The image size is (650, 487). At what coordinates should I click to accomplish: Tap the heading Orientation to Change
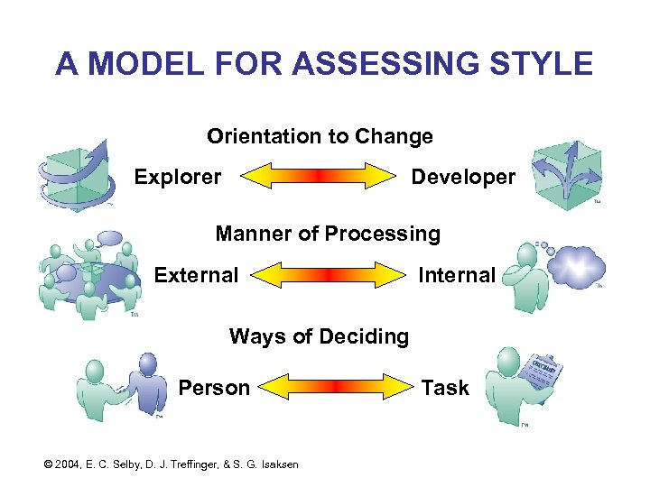pos(320,136)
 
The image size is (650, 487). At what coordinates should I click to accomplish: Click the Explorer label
pos(177,177)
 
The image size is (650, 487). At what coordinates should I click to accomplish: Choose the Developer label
pos(463,177)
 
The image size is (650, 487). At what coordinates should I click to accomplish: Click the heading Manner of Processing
pos(328,234)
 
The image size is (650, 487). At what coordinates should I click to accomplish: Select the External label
pos(196,275)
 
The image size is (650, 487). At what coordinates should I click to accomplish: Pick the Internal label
pos(457,275)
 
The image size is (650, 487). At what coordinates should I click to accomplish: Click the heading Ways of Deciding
pos(319,336)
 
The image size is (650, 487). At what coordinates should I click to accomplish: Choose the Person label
pos(213,388)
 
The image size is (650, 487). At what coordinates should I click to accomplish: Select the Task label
pos(445,388)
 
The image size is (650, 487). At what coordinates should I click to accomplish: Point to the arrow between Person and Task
pos(333,388)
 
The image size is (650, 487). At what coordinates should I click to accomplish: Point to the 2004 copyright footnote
pos(171,464)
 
